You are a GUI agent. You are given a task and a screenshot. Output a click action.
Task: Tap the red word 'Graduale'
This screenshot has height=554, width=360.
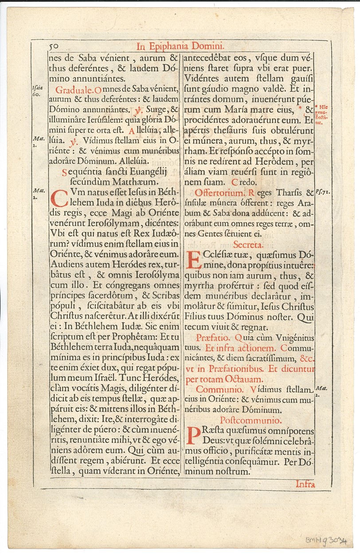pyautogui.click(x=74, y=90)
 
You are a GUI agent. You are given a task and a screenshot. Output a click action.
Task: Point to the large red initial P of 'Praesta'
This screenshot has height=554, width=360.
pyautogui.click(x=192, y=436)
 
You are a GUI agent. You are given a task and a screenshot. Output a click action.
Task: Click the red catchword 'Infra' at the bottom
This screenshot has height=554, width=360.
pyautogui.click(x=305, y=484)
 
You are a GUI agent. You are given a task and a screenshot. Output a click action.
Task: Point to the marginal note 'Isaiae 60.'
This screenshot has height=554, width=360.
pyautogui.click(x=37, y=91)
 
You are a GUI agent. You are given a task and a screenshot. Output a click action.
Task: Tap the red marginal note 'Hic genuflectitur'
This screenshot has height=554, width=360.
pyautogui.click(x=322, y=114)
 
